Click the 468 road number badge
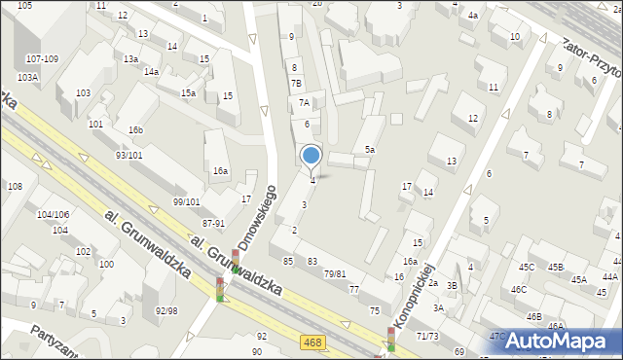click(313, 342)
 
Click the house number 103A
click(27, 77)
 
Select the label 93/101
click(129, 155)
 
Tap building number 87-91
click(214, 223)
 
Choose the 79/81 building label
click(335, 274)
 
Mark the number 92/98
click(165, 310)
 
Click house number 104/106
click(53, 214)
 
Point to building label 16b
click(135, 130)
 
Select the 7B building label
click(296, 84)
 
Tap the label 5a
click(370, 149)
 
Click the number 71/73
click(426, 335)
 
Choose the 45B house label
click(555, 267)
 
